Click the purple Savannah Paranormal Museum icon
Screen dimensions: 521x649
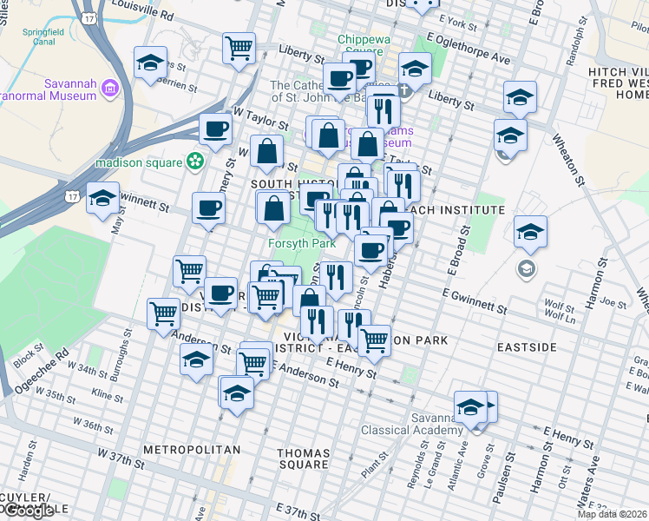[110, 88]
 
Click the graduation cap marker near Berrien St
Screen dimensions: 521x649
[150, 63]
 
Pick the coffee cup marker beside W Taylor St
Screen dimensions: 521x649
[215, 130]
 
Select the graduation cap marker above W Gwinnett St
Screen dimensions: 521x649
[102, 200]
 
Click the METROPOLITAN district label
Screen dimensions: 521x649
[191, 450]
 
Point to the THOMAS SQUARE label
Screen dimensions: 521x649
[304, 458]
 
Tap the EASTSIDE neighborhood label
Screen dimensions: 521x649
[527, 347]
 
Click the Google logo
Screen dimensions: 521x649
[28, 511]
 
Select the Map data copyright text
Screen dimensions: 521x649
[612, 514]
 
